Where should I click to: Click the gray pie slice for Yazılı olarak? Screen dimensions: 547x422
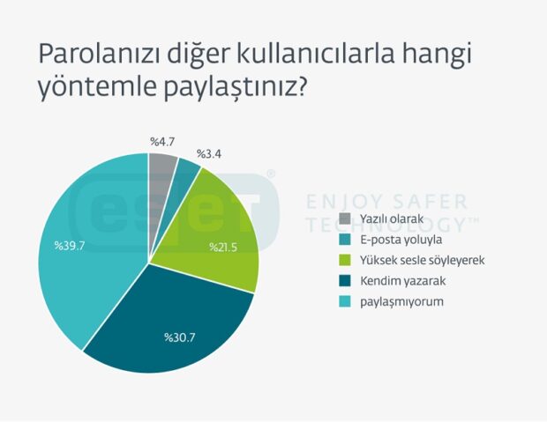(161, 196)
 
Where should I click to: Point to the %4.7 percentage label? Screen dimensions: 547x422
(162, 142)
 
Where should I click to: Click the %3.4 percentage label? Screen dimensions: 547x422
(209, 153)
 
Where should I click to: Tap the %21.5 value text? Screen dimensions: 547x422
(223, 247)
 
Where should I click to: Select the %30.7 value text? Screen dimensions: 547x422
(180, 337)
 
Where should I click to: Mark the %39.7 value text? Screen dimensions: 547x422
(70, 246)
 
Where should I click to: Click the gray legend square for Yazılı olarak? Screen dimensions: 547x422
(345, 218)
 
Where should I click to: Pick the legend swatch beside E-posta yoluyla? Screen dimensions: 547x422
(345, 240)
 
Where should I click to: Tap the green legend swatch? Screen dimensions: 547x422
(345, 260)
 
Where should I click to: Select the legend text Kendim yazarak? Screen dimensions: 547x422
(403, 281)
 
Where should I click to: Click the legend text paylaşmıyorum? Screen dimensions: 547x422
(402, 302)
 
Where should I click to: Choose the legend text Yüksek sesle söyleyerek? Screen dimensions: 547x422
(423, 260)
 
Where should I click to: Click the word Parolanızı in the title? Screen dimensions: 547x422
(99, 54)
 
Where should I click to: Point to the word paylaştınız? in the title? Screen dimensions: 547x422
(236, 87)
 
